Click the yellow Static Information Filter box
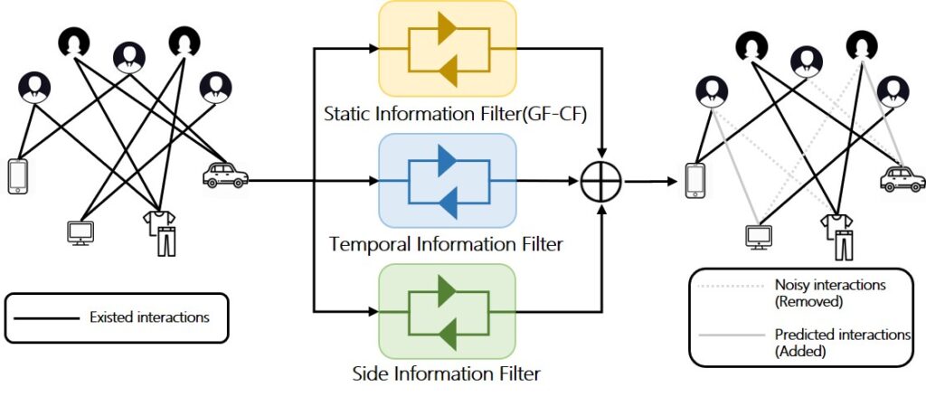(x=448, y=48)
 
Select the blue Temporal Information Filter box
(x=448, y=182)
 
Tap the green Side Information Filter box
(x=448, y=312)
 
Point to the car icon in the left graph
(x=223, y=175)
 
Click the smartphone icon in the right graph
(x=695, y=180)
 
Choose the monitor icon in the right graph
(x=758, y=236)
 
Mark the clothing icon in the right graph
(x=836, y=236)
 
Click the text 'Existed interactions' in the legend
(x=149, y=317)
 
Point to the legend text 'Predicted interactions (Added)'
(x=841, y=342)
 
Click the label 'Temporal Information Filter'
(x=446, y=244)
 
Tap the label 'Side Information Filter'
(x=446, y=373)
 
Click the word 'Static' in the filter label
(x=348, y=113)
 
